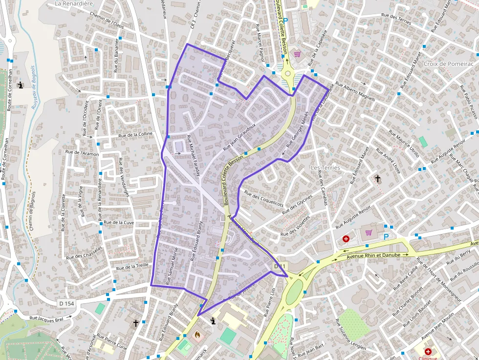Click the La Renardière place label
(74, 3)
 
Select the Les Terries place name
(325, 168)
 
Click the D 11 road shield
(279, 266)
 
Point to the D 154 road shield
(66, 303)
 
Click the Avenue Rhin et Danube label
(373, 255)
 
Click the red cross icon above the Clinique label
(428, 351)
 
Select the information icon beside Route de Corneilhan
(20, 85)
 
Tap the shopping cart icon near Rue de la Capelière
(297, 54)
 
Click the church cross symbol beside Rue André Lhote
(377, 179)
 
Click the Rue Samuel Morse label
(172, 265)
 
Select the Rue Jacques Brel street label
(46, 318)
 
